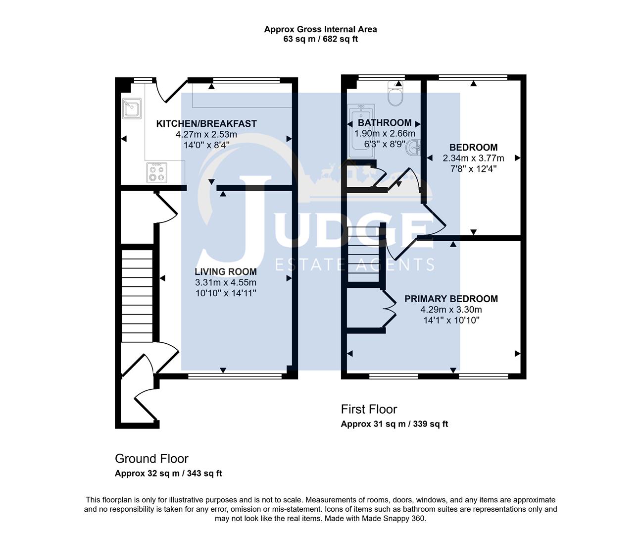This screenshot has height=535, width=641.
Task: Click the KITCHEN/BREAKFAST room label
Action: (206, 123)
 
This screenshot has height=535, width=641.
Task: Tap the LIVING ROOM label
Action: (225, 271)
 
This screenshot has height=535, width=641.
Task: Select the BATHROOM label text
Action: (385, 123)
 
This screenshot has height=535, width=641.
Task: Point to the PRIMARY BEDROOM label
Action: (451, 299)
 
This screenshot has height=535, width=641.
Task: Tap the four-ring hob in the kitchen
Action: (157, 172)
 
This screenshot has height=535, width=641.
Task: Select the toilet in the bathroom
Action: (396, 95)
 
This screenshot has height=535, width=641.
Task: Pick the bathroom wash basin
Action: (413, 147)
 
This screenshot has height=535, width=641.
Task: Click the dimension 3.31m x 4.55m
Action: (225, 282)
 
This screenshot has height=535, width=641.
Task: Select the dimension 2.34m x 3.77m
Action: (473, 159)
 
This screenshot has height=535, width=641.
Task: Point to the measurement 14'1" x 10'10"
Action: (451, 320)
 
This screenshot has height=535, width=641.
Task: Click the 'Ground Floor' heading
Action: (151, 459)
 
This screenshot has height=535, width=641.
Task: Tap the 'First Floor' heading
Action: (369, 409)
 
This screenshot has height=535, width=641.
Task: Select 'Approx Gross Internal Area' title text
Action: (320, 29)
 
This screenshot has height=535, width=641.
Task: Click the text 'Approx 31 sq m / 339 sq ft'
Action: (394, 424)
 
